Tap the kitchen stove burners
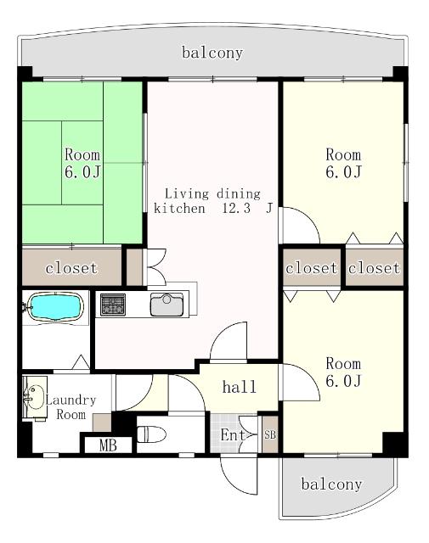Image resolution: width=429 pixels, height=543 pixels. (113, 305)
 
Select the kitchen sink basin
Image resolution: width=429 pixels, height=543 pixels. (167, 305)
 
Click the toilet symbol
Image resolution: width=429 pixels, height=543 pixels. (151, 434)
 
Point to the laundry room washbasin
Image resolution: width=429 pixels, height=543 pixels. (34, 398)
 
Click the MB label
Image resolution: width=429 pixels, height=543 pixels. (108, 445)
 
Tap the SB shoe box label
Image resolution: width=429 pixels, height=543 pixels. (270, 434)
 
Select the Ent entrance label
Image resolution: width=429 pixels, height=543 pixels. (233, 435)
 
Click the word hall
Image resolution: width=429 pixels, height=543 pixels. (240, 387)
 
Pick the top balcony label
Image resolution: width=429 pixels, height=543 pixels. (212, 53)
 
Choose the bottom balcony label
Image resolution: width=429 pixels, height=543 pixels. (331, 484)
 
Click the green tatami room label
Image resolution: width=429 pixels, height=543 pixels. (82, 163)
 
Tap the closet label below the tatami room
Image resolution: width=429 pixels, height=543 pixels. (71, 268)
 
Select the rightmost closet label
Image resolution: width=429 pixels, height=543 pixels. (374, 268)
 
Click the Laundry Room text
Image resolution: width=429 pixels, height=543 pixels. (71, 407)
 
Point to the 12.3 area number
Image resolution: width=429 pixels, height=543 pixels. (236, 209)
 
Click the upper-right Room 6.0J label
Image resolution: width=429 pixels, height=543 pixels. (344, 163)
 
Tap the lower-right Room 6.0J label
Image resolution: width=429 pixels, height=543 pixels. (344, 372)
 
